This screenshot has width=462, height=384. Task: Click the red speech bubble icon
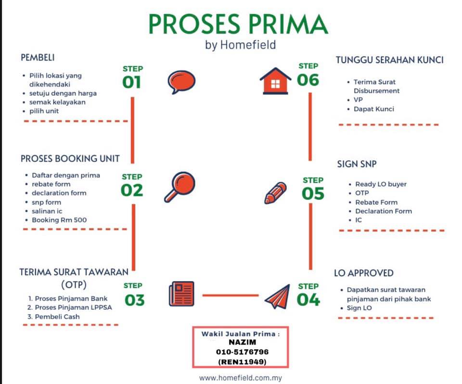point(181,82)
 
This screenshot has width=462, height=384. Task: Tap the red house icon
point(275,81)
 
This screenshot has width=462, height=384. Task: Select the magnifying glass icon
point(180,187)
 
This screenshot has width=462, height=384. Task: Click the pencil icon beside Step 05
point(275,193)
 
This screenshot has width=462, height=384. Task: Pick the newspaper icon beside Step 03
point(181,294)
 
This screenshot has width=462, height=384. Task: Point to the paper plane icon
point(277,296)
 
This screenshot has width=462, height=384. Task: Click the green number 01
point(132,82)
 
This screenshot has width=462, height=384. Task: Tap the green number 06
point(308,80)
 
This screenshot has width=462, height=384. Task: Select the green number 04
point(308,300)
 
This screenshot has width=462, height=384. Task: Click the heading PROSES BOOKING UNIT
point(70,158)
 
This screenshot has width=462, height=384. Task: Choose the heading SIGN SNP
point(357,164)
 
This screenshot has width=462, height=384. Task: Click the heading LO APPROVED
point(364,273)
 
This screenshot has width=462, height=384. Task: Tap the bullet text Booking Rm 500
point(59,220)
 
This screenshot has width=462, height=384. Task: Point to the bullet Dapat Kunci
point(373,109)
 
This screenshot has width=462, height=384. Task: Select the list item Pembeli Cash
point(57,317)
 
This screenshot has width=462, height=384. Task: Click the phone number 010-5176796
point(242,352)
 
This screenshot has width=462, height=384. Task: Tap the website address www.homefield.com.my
point(241,378)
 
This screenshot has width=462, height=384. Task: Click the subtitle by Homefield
point(241,45)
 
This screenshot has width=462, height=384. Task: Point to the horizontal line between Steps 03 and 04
point(231,295)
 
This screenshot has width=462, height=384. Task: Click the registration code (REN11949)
point(242,361)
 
